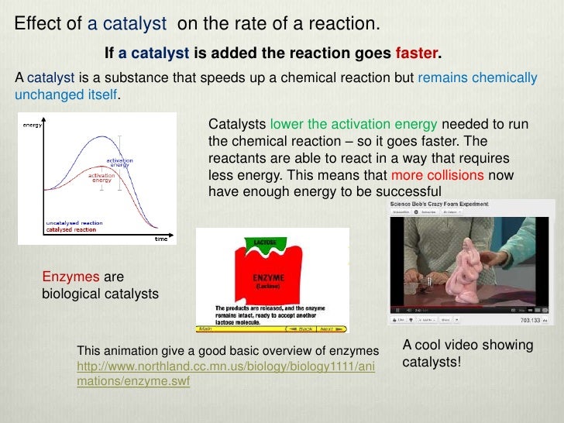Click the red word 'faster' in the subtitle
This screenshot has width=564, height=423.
[x=417, y=55]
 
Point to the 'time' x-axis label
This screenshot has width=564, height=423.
[x=160, y=239]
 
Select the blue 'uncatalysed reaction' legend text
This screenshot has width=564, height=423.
[x=74, y=223]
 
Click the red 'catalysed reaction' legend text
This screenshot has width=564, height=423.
[x=71, y=230]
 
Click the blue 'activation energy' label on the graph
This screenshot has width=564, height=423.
[x=119, y=163]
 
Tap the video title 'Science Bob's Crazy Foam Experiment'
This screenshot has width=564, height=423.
[x=438, y=204]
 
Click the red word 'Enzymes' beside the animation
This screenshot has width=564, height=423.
[x=70, y=277]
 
